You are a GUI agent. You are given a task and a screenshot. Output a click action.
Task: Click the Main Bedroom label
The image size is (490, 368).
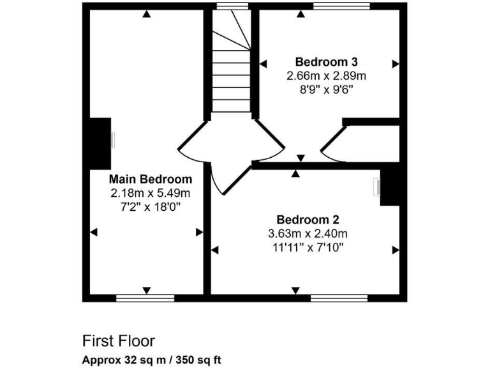coord(150,179)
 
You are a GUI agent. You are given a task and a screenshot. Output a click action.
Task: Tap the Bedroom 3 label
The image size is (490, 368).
coord(326,62)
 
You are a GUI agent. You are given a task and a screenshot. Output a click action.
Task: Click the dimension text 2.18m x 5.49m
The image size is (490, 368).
coord(150,192)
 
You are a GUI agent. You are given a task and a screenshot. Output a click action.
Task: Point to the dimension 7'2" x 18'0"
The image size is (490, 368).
coord(150,206)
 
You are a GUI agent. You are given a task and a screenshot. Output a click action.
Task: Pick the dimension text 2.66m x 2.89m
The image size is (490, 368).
coord(326,75)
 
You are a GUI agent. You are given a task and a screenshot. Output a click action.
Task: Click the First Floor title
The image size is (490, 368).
coord(118,341)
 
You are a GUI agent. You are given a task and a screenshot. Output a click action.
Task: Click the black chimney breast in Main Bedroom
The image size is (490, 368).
coord(100,144)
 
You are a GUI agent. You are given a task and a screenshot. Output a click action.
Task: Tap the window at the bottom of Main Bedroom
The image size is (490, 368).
coord(145,298)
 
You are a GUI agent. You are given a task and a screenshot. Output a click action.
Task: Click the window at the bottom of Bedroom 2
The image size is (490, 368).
coord(339,298)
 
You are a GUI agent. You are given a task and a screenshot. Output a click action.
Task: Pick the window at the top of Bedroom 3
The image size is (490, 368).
coord(341,6)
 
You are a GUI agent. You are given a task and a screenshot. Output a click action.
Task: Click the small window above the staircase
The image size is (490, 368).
coord(232,6)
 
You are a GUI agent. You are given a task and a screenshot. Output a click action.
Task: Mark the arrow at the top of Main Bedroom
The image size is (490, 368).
coord(147,14)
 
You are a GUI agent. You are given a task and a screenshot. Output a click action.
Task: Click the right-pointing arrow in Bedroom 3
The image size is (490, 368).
coord(395,63)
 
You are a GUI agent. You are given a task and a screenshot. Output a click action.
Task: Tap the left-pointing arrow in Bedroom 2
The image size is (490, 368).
coord(216,249)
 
